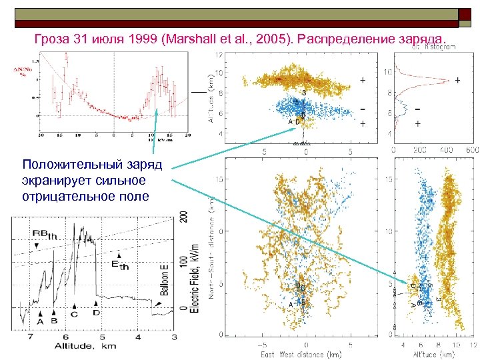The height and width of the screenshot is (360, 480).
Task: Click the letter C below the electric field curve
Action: coord(74,314)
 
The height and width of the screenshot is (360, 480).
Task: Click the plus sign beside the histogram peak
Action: coord(458,80)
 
